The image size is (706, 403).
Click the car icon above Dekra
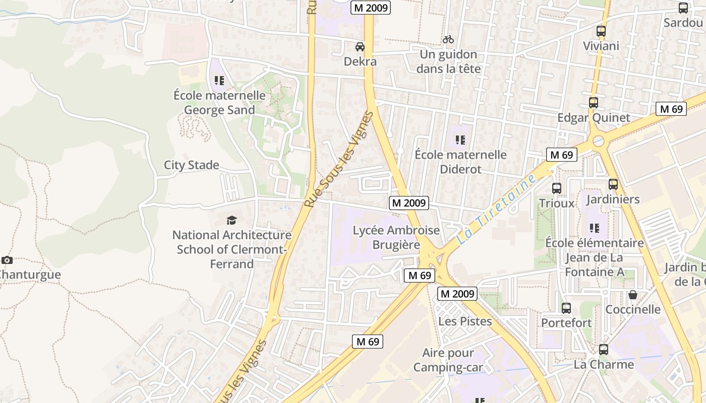(x=360, y=47)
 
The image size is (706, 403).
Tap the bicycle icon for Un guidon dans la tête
(x=448, y=39)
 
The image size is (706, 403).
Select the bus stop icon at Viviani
(x=601, y=31)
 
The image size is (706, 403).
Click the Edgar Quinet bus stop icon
(x=594, y=103)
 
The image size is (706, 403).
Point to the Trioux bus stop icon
(x=557, y=188)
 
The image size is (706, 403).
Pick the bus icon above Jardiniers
(x=613, y=184)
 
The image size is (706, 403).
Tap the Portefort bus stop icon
(x=566, y=308)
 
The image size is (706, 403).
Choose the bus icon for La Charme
(x=604, y=350)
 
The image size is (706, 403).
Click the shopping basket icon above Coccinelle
(x=633, y=295)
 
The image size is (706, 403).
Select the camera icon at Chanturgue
(x=7, y=260)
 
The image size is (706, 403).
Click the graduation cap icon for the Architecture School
(x=231, y=220)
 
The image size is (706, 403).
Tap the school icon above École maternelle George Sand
(x=219, y=81)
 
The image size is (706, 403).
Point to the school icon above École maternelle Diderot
(x=460, y=140)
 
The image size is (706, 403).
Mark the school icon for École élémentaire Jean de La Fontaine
(x=595, y=228)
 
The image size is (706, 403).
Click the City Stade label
(x=192, y=165)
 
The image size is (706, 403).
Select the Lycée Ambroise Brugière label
(x=396, y=238)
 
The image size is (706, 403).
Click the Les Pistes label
(x=465, y=321)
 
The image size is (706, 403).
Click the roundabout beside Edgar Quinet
(x=599, y=141)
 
